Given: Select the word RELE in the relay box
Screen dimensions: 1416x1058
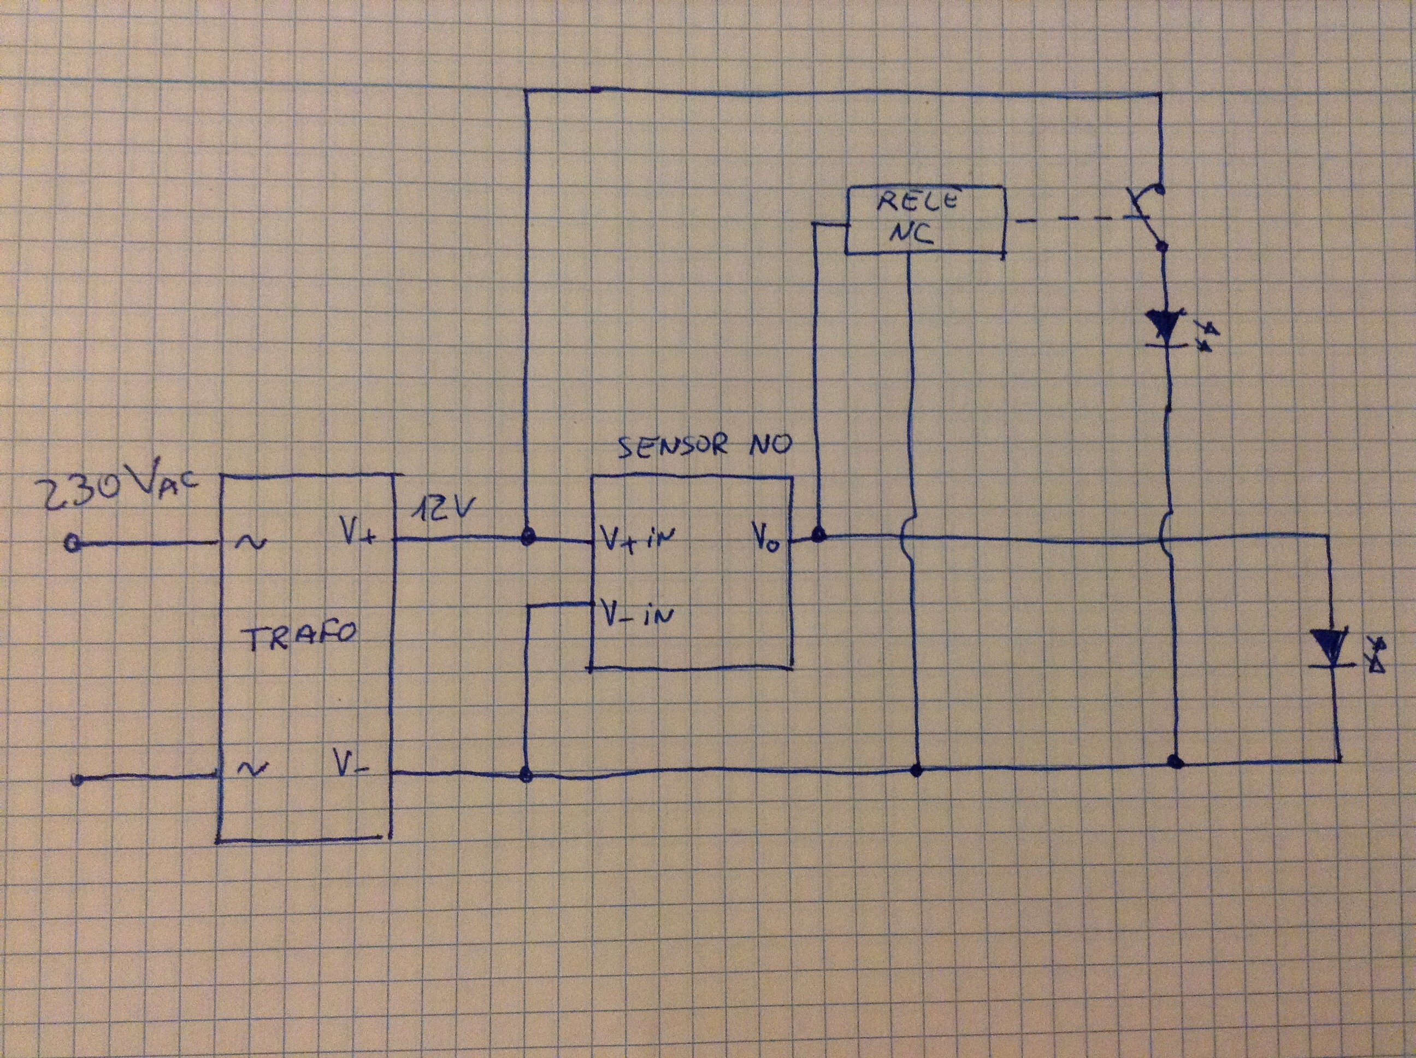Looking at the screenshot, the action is click(917, 202).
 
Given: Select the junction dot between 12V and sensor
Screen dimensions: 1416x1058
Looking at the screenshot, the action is click(527, 537).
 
